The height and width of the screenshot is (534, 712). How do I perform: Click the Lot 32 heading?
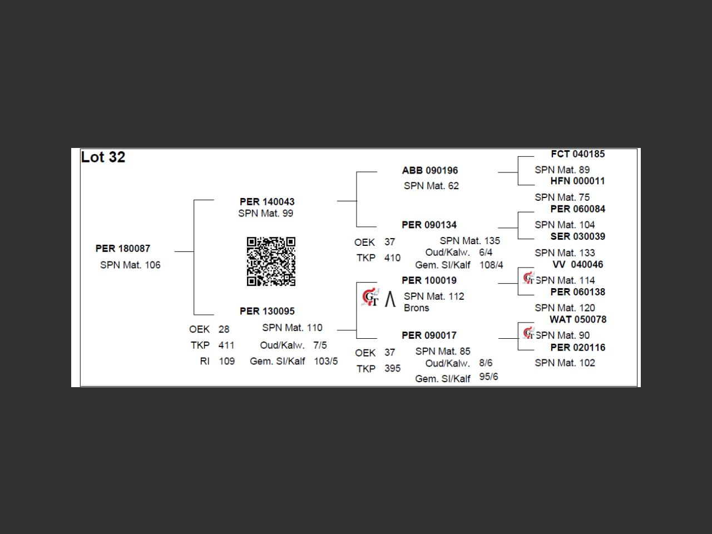103,157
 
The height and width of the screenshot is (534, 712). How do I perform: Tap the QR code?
271,261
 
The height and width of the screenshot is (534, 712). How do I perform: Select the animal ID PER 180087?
123,249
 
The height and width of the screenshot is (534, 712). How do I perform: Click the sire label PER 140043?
267,202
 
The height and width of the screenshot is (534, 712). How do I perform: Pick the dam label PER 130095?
267,311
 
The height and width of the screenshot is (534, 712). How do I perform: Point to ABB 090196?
430,171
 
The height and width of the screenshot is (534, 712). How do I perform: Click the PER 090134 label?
429,225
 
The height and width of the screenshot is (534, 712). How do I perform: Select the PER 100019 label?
429,280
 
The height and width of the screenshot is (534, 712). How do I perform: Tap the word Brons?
417,308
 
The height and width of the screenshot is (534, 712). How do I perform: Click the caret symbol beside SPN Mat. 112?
390,299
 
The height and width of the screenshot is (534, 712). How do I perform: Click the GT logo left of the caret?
370,298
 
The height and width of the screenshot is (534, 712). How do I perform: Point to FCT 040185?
577,154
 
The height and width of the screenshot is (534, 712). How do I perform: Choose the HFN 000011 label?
577,181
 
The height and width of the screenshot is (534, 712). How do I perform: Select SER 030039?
577,236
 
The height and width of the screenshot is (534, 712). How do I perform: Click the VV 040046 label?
577,265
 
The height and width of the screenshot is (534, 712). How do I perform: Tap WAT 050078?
577,320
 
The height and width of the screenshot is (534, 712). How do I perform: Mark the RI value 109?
227,362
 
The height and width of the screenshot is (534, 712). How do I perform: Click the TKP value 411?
226,345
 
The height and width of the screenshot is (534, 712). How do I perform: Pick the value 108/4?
491,265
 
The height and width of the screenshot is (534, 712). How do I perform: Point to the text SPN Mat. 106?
130,265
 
